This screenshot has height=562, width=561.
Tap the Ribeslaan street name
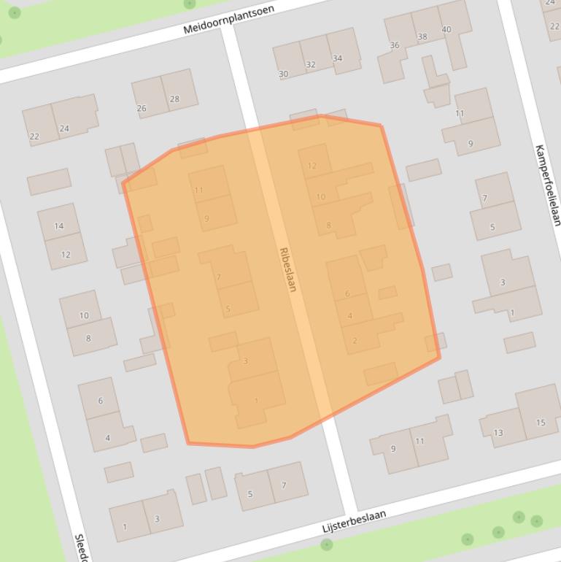[x=288, y=269]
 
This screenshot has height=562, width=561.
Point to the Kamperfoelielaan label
[x=547, y=185]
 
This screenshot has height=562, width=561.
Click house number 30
[x=283, y=74]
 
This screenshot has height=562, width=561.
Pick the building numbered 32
[x=310, y=64]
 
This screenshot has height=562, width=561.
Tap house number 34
[x=337, y=58]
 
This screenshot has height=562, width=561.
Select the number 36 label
[x=395, y=45]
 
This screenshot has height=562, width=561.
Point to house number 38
[x=422, y=36]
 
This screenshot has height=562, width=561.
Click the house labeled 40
[x=446, y=30]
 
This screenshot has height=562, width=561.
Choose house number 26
[x=142, y=108]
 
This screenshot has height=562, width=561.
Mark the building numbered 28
[x=174, y=99]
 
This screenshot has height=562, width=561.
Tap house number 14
[x=59, y=226]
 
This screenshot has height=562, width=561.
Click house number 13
[x=498, y=433]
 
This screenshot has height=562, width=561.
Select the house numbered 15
[x=541, y=423]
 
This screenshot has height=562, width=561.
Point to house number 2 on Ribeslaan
[x=355, y=340]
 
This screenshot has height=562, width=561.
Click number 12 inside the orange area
[x=312, y=166]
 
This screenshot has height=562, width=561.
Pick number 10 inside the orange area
[x=321, y=197]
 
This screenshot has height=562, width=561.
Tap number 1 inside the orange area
[x=256, y=401]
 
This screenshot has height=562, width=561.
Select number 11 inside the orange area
[x=199, y=190]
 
